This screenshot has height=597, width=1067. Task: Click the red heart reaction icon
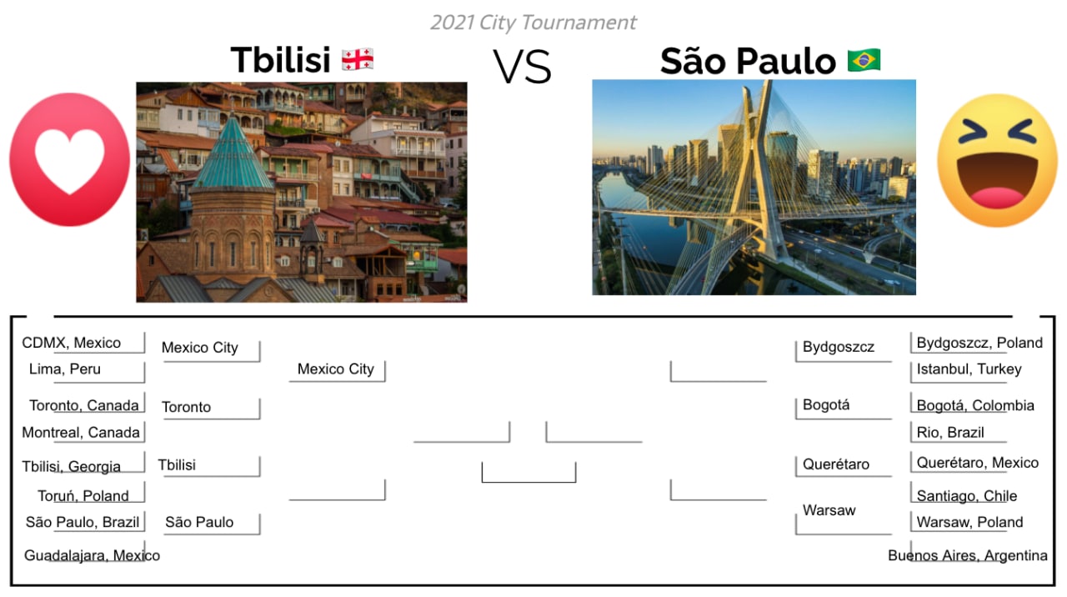click(x=69, y=159)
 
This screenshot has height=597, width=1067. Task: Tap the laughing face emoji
click(x=997, y=161)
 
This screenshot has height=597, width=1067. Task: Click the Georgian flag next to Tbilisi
click(x=358, y=59)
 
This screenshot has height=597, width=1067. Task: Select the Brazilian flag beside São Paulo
click(x=864, y=61)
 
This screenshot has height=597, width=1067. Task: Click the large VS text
click(x=523, y=66)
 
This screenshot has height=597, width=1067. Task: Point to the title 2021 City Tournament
click(x=533, y=23)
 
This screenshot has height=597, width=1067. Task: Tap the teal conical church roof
click(x=233, y=153)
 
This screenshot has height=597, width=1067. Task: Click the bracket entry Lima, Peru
click(x=65, y=369)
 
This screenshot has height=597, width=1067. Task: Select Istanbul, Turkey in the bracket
click(x=969, y=369)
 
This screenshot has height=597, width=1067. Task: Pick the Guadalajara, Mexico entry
click(x=92, y=555)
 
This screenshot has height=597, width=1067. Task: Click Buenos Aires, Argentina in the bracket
click(x=968, y=555)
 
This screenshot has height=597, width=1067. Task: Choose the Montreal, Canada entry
click(x=81, y=432)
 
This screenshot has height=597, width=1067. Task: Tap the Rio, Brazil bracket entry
click(x=950, y=432)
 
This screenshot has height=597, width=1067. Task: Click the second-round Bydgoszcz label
click(x=839, y=347)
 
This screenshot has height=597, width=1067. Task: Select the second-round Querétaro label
click(x=836, y=464)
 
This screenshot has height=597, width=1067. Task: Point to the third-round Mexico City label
click(x=335, y=369)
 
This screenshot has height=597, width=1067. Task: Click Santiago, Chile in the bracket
click(x=966, y=495)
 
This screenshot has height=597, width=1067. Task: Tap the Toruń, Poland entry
click(x=83, y=495)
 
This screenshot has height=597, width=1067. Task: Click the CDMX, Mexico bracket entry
click(x=72, y=343)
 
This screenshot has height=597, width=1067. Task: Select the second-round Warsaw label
click(x=829, y=510)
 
